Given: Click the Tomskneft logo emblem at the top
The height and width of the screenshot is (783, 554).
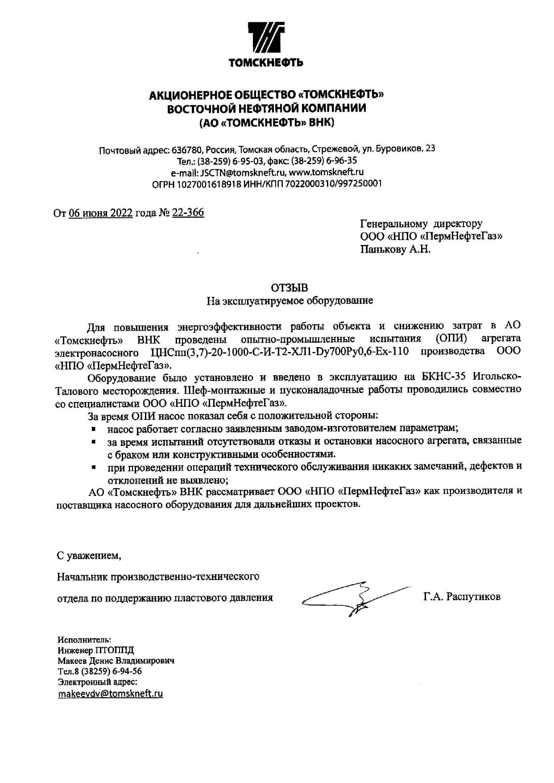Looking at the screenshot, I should (266, 39).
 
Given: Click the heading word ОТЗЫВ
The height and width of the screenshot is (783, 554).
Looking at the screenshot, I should (289, 288).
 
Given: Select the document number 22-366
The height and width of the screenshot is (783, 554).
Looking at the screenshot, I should (188, 213).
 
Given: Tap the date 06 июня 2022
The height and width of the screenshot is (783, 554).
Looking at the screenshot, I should (101, 213).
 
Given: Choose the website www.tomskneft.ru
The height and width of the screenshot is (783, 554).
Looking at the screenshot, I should (327, 172).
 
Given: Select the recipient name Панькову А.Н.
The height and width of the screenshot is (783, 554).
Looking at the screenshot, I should (395, 249).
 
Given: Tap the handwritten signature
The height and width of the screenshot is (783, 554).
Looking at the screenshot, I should (352, 598).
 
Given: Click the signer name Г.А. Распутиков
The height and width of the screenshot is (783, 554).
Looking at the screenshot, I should (462, 597).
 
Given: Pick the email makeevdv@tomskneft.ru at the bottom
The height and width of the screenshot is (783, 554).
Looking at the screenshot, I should (110, 694).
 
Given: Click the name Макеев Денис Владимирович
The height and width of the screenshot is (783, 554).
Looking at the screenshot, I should (116, 661).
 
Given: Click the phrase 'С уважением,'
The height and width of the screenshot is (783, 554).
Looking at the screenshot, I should (89, 556).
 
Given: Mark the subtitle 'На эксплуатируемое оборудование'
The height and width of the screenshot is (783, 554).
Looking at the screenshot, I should (289, 301).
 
